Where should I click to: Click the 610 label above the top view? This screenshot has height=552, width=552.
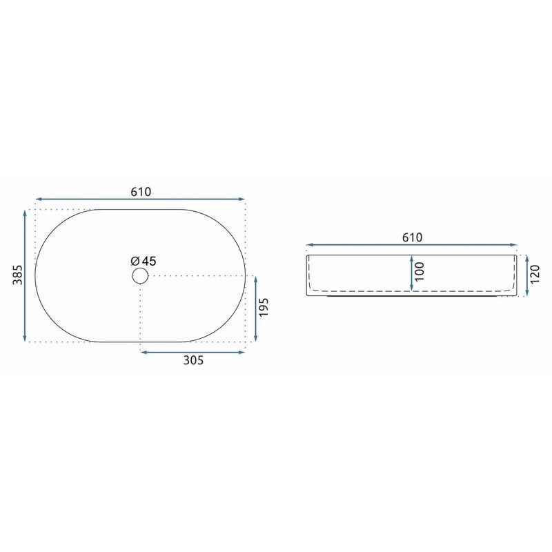(x=141, y=192)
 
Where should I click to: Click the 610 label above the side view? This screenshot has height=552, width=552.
(x=412, y=237)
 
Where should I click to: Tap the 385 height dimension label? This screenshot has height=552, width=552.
(x=18, y=275)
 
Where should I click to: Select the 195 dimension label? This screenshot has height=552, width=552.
(x=264, y=307)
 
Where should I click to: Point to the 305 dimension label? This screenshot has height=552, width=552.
(x=193, y=360)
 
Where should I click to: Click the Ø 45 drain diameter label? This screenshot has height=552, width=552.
(x=144, y=261)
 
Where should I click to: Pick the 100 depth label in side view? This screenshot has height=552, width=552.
(x=420, y=272)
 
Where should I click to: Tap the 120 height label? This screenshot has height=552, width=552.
(x=534, y=275)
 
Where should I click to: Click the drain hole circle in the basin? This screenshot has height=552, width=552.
(x=140, y=275)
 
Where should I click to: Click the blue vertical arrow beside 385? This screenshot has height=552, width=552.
(x=25, y=275)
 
